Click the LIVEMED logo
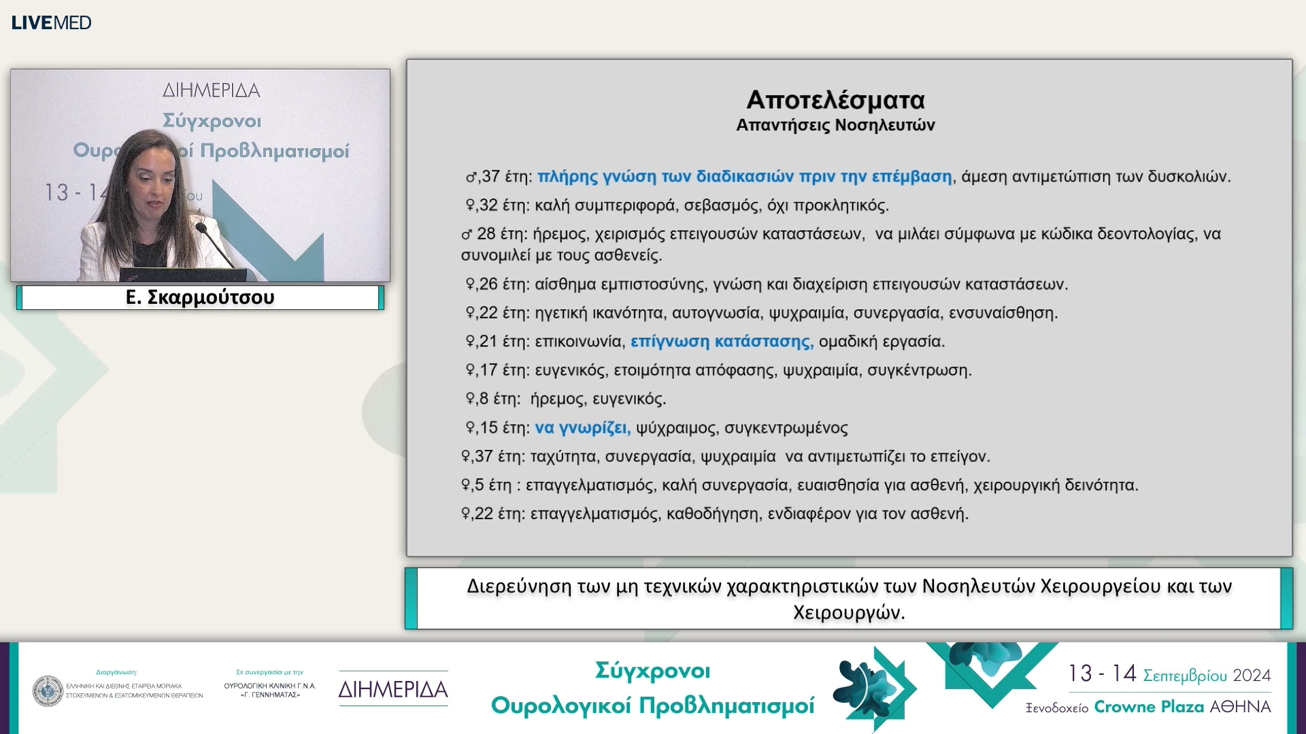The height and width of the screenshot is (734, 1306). click(51, 22)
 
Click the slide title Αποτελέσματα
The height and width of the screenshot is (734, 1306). click(835, 100)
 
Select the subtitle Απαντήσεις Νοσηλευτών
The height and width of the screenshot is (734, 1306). click(835, 125)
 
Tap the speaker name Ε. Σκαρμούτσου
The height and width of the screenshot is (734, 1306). click(200, 298)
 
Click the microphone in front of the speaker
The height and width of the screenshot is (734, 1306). click(202, 228)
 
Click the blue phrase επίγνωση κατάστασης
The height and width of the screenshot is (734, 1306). click(722, 341)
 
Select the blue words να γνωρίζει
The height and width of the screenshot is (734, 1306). click(582, 427)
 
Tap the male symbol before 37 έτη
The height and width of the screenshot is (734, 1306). click(471, 177)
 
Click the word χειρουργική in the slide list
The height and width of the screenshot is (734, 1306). click(1016, 485)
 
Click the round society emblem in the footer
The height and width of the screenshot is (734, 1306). click(48, 691)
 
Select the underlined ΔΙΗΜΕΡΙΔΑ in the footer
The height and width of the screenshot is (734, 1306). click(393, 689)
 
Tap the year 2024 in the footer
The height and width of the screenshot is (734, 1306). click(1252, 676)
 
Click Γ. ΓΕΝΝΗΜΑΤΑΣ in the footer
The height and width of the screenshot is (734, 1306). click(270, 695)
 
